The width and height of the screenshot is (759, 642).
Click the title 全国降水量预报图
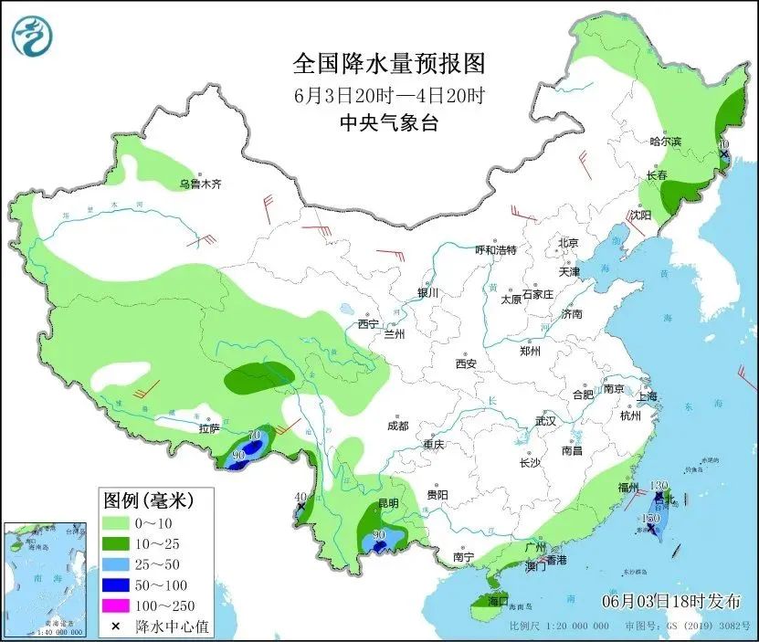(x=387, y=64)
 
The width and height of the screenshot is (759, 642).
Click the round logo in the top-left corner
(x=32, y=37)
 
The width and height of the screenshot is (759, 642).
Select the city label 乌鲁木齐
(x=200, y=184)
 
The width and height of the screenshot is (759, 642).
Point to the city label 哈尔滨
(x=666, y=142)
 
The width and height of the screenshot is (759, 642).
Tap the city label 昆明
(x=389, y=503)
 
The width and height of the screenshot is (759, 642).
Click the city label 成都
(x=396, y=426)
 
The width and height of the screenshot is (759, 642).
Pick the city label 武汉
(x=545, y=421)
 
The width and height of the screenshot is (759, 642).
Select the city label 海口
(x=498, y=602)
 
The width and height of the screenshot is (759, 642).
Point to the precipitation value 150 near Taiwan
(x=650, y=518)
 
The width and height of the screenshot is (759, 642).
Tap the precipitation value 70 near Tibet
(x=255, y=434)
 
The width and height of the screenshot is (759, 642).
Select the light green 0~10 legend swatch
(x=117, y=522)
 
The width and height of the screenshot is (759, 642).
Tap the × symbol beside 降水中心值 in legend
(x=117, y=626)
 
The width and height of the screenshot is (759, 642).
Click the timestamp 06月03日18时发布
(x=671, y=601)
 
